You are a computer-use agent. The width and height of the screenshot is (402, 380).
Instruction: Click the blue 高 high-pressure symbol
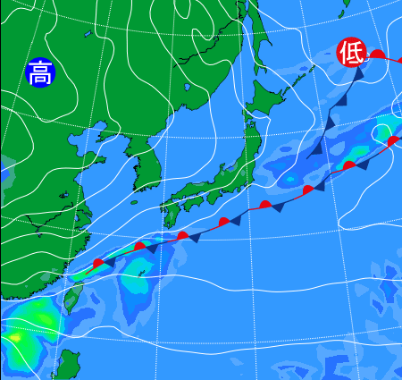(39, 72)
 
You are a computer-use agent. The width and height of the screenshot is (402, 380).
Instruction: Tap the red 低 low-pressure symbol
(350, 54)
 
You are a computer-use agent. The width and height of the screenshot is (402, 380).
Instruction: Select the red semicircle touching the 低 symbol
(377, 55)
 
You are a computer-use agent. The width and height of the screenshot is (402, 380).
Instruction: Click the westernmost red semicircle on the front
(99, 263)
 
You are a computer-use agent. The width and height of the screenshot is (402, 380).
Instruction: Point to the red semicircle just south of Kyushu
(182, 235)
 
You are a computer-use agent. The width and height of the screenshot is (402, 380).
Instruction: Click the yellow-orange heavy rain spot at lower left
(13, 337)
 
